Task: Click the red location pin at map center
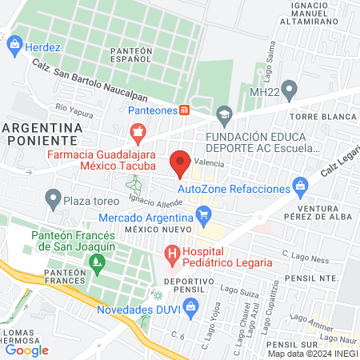[181, 163]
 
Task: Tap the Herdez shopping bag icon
[14, 46]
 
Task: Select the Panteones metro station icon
[184, 110]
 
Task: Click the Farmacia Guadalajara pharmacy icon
[137, 130]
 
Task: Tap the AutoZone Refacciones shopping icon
[300, 188]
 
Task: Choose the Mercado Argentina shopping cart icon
[203, 214]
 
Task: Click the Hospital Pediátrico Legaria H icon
[171, 255]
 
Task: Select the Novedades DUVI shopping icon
[190, 306]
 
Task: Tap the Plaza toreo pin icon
[53, 197]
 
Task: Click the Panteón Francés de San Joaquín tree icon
[98, 261]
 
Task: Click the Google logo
[26, 350]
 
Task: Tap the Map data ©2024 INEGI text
[313, 354]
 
